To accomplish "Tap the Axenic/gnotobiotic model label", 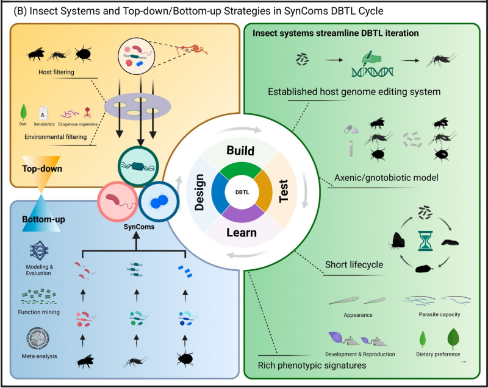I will pos(378,179).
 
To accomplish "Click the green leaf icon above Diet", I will pos(24,112).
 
